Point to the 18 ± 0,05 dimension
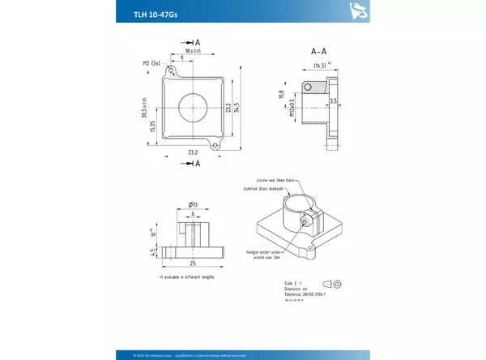(193, 51)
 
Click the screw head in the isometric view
(305, 220)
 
